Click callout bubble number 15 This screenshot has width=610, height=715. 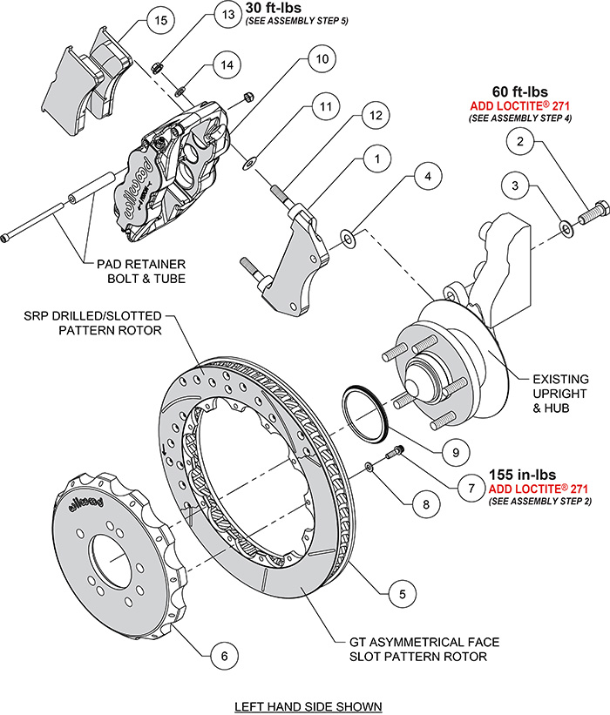158,20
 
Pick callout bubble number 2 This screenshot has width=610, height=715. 520,141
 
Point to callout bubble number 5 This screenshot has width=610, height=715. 402,595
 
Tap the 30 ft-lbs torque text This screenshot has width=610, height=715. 274,8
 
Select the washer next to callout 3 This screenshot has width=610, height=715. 566,227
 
